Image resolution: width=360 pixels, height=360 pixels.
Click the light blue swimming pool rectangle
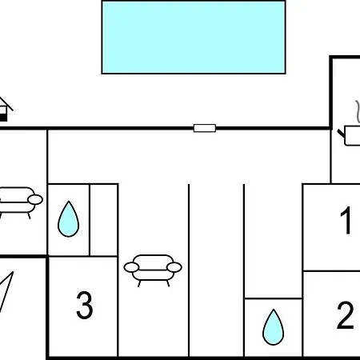point(194,37)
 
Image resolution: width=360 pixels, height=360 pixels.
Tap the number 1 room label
point(346,220)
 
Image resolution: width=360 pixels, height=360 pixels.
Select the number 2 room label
point(346,315)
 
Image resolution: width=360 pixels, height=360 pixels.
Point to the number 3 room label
point(85,305)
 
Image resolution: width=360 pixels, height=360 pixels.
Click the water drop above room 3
point(69,219)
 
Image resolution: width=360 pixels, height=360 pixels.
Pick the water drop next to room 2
point(273,327)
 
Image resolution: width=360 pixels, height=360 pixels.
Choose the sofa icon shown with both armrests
point(153,270)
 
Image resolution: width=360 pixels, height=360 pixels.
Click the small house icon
point(5,110)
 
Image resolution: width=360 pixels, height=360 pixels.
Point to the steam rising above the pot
point(358,111)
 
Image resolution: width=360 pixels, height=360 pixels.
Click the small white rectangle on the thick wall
point(205,128)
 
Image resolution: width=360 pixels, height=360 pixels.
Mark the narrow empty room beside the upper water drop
point(104,220)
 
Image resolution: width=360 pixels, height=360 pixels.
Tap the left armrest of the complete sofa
point(131,267)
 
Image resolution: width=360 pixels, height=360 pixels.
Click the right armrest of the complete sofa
point(174,267)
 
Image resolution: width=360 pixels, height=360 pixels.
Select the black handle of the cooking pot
point(342,134)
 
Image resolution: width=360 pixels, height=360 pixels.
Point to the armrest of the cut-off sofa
point(35,199)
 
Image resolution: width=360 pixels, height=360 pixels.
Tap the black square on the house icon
point(3,118)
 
